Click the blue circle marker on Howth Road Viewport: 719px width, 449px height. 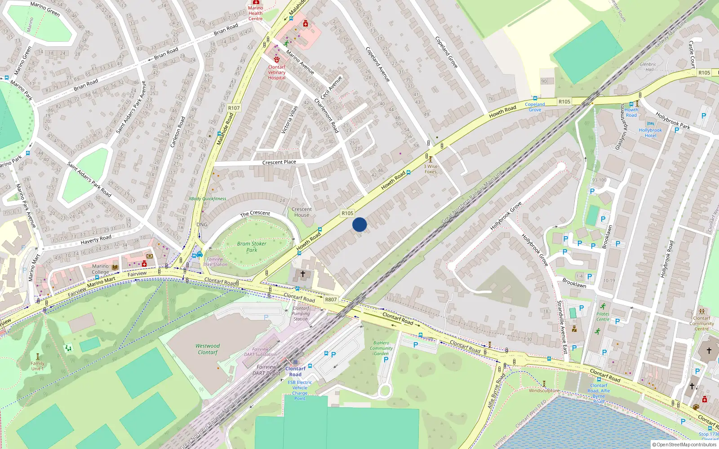pos(359,224)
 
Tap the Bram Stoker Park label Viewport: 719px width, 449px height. pos(252,247)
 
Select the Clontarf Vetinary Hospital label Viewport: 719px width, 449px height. pos(277,72)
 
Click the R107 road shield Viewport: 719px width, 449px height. pos(234,108)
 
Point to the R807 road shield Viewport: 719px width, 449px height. pos(331,299)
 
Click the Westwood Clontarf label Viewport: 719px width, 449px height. pos(208,349)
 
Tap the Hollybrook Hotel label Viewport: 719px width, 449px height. pos(650,133)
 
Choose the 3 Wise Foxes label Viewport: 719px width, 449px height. pos(431,169)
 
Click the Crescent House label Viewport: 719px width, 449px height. pos(302,212)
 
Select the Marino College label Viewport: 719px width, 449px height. pos(100,269)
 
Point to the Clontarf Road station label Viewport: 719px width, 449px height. pos(295,371)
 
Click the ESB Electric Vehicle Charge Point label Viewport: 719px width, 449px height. pos(300,390)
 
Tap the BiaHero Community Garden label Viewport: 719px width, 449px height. pos(381,348)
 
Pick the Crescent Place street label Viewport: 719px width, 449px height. pos(279,162)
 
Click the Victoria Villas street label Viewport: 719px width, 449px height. pos(289,119)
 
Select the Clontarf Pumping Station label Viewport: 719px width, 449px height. pos(301,313)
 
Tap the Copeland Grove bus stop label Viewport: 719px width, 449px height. pos(535,107)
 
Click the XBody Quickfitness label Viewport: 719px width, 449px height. pos(207,198)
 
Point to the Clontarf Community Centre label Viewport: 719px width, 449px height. pos(701,323)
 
